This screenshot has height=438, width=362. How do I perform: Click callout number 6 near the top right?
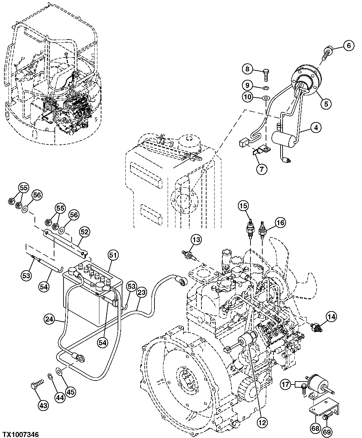349,45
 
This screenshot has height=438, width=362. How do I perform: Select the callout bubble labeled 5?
326,104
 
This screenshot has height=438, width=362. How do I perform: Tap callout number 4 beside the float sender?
315,128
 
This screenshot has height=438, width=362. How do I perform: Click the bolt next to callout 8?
265,73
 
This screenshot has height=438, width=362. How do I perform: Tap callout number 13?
196,240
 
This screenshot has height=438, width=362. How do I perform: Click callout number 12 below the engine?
263,422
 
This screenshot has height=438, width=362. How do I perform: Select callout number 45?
71,392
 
